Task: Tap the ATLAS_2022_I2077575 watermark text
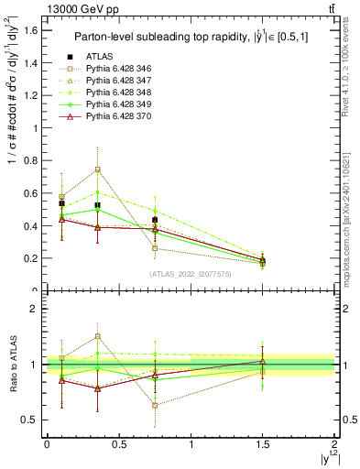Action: point(190,273)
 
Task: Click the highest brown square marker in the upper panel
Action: point(97,169)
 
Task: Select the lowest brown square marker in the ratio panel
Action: point(155,405)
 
